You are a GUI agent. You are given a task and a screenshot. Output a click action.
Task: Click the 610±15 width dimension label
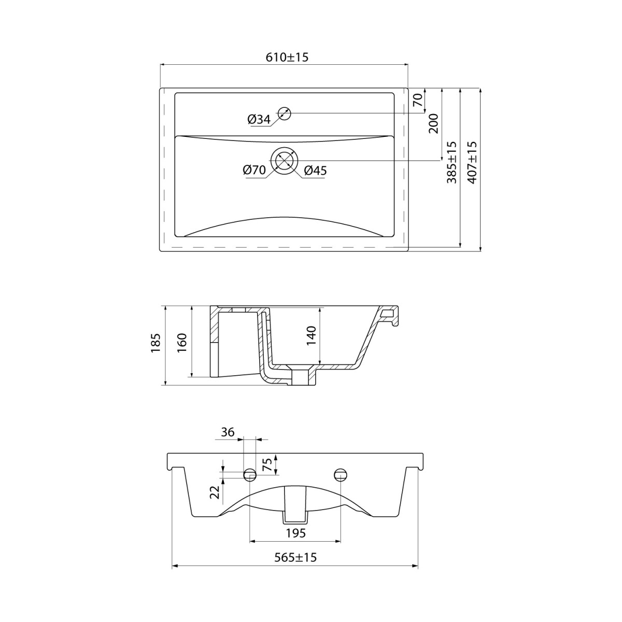pos(287,57)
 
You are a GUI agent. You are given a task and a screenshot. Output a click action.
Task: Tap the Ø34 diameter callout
pos(259,120)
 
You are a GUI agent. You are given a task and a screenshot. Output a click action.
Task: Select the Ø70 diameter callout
pos(255,170)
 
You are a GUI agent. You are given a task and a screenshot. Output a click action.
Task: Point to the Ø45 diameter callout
pos(315,171)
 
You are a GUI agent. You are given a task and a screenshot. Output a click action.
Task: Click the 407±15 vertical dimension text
pos(472,162)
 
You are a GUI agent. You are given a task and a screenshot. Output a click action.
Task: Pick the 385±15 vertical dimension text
pos(451,162)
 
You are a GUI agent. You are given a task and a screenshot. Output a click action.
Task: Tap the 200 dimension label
pos(433,123)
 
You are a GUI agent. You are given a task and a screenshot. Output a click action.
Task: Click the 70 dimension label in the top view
pos(417,100)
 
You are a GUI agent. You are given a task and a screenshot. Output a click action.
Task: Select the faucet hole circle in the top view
pos(285,114)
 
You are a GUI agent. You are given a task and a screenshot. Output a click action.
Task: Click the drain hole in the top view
pos(285,160)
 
